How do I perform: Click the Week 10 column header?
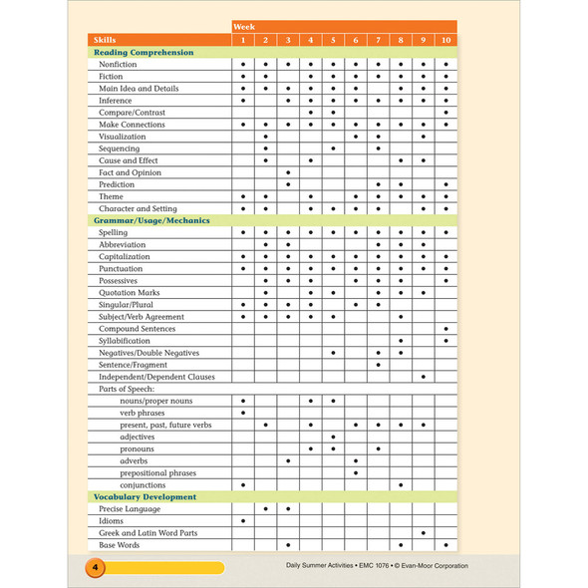click(x=445, y=40)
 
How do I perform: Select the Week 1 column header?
click(x=243, y=40)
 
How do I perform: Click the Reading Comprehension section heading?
click(x=144, y=52)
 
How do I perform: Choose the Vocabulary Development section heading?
click(x=145, y=496)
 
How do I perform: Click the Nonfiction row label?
click(x=118, y=64)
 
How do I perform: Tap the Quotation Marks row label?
click(x=129, y=293)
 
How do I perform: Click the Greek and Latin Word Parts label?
click(x=147, y=533)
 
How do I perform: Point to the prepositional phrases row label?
click(x=157, y=473)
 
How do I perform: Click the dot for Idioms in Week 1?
click(x=243, y=521)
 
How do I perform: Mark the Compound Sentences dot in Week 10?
click(x=445, y=329)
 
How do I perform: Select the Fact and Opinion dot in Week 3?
click(x=288, y=172)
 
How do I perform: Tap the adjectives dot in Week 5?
click(x=333, y=438)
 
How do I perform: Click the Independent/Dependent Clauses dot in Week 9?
click(x=424, y=377)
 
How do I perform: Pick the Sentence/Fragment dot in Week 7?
click(x=379, y=365)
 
